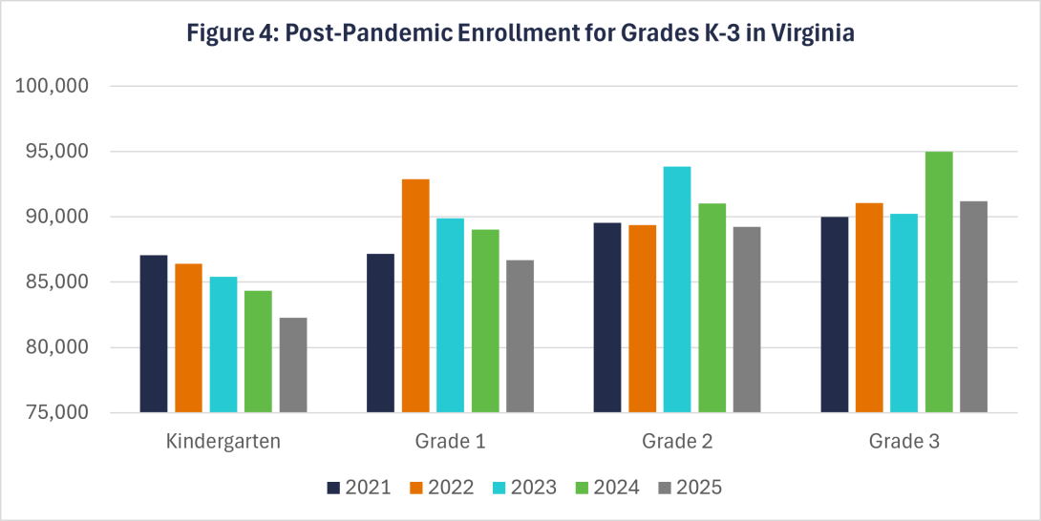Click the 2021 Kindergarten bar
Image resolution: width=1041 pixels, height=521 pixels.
tap(154, 334)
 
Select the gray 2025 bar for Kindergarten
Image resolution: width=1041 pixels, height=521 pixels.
tap(293, 365)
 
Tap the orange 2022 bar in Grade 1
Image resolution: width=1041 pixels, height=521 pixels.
tap(415, 296)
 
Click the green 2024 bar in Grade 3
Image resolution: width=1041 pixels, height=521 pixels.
tap(939, 282)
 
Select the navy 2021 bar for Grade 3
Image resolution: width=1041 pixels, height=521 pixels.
tap(835, 315)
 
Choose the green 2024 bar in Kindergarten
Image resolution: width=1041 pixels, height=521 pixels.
tap(258, 351)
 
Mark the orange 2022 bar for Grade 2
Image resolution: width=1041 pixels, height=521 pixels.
tap(642, 319)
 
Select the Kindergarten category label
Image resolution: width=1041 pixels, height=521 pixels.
tap(223, 442)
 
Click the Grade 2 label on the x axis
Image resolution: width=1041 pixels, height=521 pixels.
tap(677, 442)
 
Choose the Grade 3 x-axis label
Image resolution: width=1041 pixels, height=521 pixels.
tap(903, 442)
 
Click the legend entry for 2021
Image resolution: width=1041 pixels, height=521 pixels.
tap(358, 488)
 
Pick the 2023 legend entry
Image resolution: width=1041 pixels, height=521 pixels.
tap(524, 488)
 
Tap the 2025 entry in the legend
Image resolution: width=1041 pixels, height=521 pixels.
tap(690, 488)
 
